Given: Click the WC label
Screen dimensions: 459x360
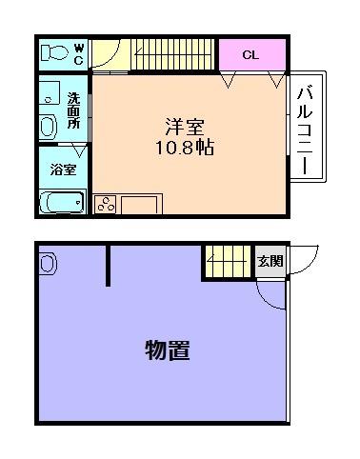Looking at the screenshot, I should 79,52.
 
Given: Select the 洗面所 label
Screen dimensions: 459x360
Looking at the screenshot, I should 73,110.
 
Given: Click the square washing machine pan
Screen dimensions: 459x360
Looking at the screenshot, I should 49,93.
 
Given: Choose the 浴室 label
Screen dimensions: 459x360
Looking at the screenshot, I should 64,170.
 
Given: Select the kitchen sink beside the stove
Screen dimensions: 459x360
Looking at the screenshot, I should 141,204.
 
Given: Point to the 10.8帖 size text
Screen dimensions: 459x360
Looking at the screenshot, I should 186,148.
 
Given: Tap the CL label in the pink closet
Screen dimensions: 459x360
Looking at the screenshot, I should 250,54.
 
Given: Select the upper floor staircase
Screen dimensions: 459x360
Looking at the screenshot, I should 171,53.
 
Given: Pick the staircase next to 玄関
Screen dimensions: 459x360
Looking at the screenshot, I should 227,261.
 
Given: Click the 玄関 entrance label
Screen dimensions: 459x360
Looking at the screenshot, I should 270,261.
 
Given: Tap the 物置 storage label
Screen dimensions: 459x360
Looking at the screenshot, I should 168,350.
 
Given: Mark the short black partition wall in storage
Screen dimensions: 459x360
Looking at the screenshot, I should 109,264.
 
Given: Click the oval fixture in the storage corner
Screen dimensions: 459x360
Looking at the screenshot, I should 47,260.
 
